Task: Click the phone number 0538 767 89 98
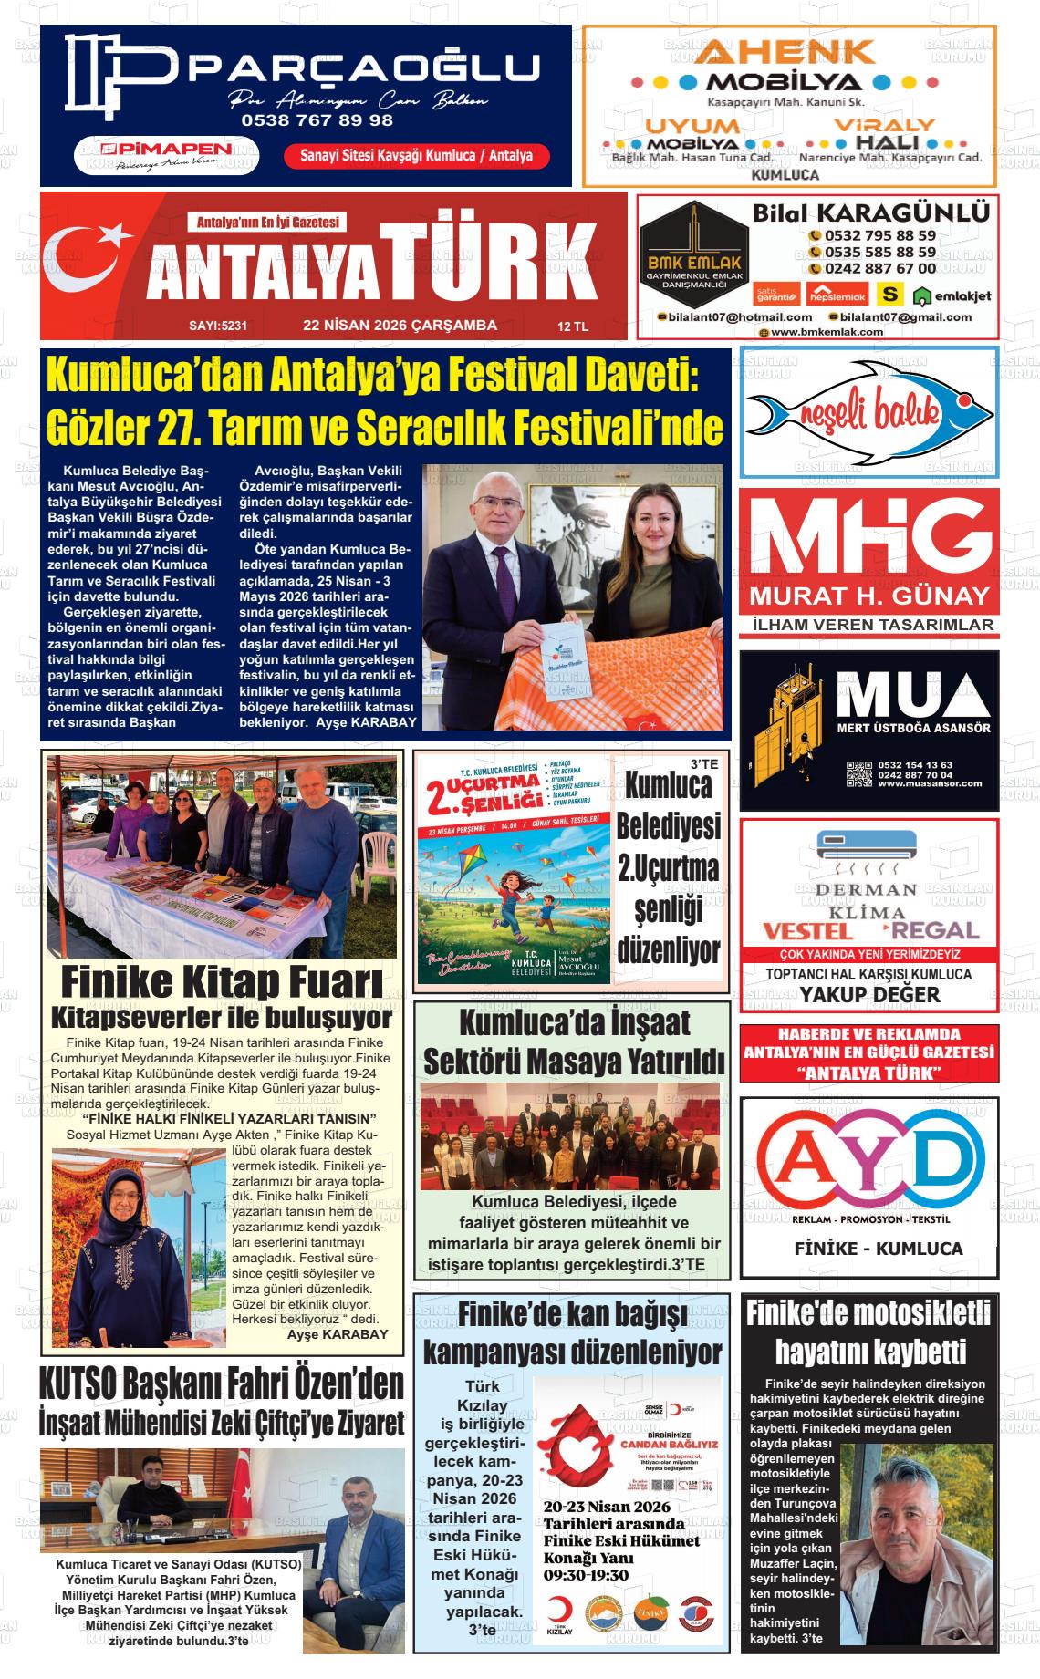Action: point(317,119)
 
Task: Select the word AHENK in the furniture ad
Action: point(785,52)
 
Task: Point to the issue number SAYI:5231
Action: point(218,326)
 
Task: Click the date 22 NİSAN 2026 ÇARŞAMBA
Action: point(400,325)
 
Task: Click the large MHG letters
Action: point(868,539)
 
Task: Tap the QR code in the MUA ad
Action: point(858,773)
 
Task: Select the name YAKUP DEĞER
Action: point(869,994)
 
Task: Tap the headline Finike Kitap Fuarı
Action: point(221,982)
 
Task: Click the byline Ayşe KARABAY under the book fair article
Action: point(337,1333)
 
